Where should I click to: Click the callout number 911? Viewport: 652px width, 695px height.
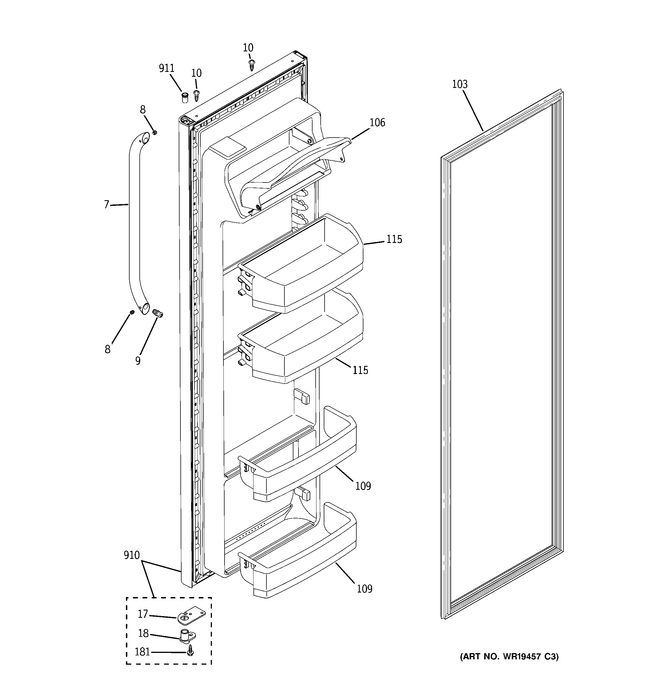click(x=167, y=68)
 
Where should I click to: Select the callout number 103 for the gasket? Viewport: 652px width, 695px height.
click(x=459, y=84)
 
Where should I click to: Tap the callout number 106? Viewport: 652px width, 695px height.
click(x=377, y=123)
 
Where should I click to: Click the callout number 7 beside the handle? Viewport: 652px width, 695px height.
click(x=107, y=204)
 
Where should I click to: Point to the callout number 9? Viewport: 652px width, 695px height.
click(x=138, y=361)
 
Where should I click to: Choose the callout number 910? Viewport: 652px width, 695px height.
click(x=132, y=555)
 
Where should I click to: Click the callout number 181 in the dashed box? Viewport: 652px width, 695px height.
click(x=142, y=652)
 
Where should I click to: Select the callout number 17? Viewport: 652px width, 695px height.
click(x=143, y=614)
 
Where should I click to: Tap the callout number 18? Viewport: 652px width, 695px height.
click(x=143, y=634)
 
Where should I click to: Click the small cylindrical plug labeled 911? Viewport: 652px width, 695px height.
click(x=184, y=97)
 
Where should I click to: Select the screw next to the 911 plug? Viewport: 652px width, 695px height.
click(x=196, y=95)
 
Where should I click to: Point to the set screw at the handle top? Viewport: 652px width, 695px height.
click(x=154, y=132)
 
